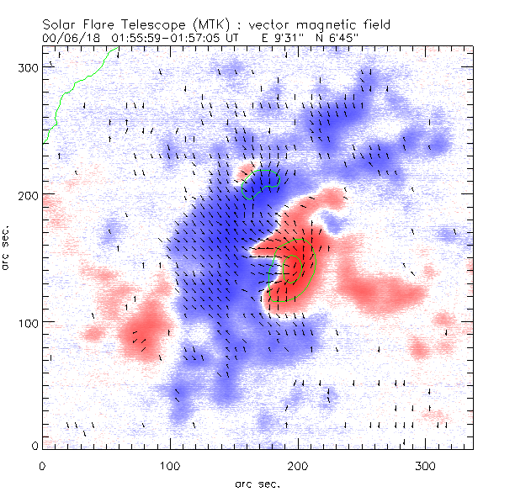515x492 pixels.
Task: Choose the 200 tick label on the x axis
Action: [297, 465]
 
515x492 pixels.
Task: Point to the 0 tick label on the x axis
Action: [43, 465]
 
